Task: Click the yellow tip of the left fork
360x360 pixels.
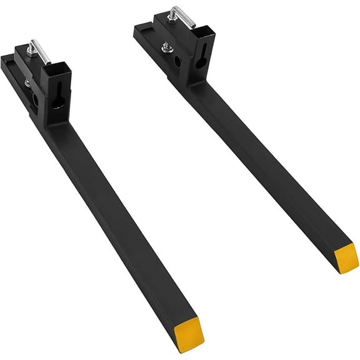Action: point(189,334)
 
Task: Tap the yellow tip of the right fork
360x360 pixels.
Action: point(346,257)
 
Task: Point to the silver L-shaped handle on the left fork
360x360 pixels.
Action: point(42,51)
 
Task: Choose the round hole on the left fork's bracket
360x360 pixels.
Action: point(35,99)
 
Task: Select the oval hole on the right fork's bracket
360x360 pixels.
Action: point(179,62)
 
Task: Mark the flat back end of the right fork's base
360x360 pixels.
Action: point(140,29)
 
